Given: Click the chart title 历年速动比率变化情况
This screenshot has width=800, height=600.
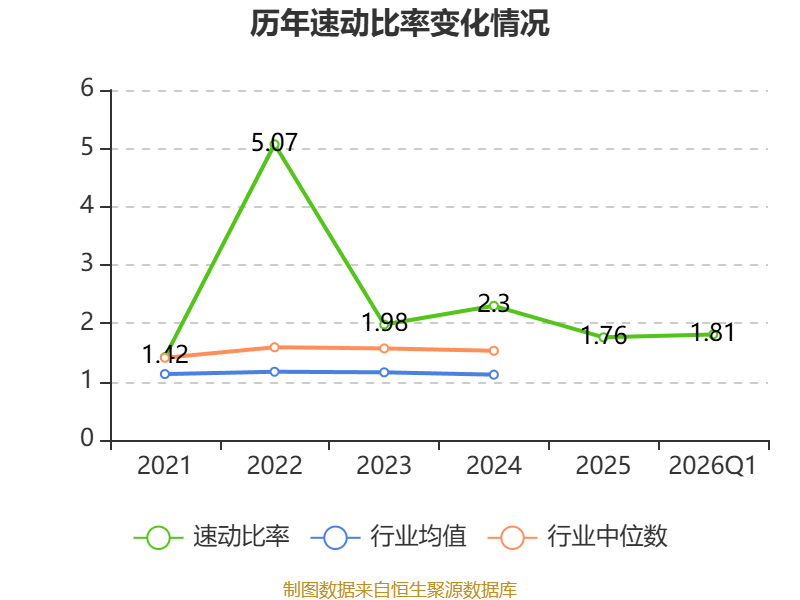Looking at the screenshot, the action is pyautogui.click(x=399, y=23).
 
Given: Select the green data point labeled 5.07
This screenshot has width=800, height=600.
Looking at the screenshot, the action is pyautogui.click(x=274, y=144).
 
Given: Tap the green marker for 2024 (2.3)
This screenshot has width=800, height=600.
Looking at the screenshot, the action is pyautogui.click(x=494, y=306).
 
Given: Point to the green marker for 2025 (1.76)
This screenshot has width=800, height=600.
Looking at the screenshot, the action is pyautogui.click(x=604, y=337).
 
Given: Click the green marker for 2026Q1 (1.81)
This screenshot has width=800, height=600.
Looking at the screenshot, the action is pyautogui.click(x=713, y=334).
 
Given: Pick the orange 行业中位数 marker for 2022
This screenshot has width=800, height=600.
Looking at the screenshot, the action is pyautogui.click(x=274, y=347).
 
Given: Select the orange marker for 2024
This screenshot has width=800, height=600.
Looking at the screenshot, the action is pyautogui.click(x=494, y=351).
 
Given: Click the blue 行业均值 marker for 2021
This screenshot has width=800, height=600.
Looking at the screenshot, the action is pyautogui.click(x=165, y=374).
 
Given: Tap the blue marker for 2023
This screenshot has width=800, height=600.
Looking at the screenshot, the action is pyautogui.click(x=384, y=372).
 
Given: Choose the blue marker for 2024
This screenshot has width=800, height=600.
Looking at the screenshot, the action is pyautogui.click(x=494, y=374).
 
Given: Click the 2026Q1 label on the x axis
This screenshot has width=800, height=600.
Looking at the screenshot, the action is pyautogui.click(x=712, y=466).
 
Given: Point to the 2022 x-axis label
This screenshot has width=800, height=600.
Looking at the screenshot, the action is pyautogui.click(x=274, y=466).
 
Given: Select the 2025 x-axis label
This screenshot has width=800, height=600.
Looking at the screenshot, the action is pyautogui.click(x=603, y=466).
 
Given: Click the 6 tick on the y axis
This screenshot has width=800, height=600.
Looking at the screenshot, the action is pyautogui.click(x=87, y=88).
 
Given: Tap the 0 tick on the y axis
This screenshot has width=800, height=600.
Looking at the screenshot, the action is pyautogui.click(x=87, y=438).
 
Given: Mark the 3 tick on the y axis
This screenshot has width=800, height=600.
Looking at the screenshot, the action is pyautogui.click(x=87, y=263).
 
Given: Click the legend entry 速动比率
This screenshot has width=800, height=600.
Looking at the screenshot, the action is pyautogui.click(x=212, y=537).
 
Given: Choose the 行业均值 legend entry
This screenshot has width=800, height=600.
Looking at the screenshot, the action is pyautogui.click(x=389, y=537).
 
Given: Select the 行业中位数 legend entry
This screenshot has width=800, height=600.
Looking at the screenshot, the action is pyautogui.click(x=578, y=537).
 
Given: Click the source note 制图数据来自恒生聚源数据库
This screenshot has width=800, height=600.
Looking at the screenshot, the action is pyautogui.click(x=400, y=590).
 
